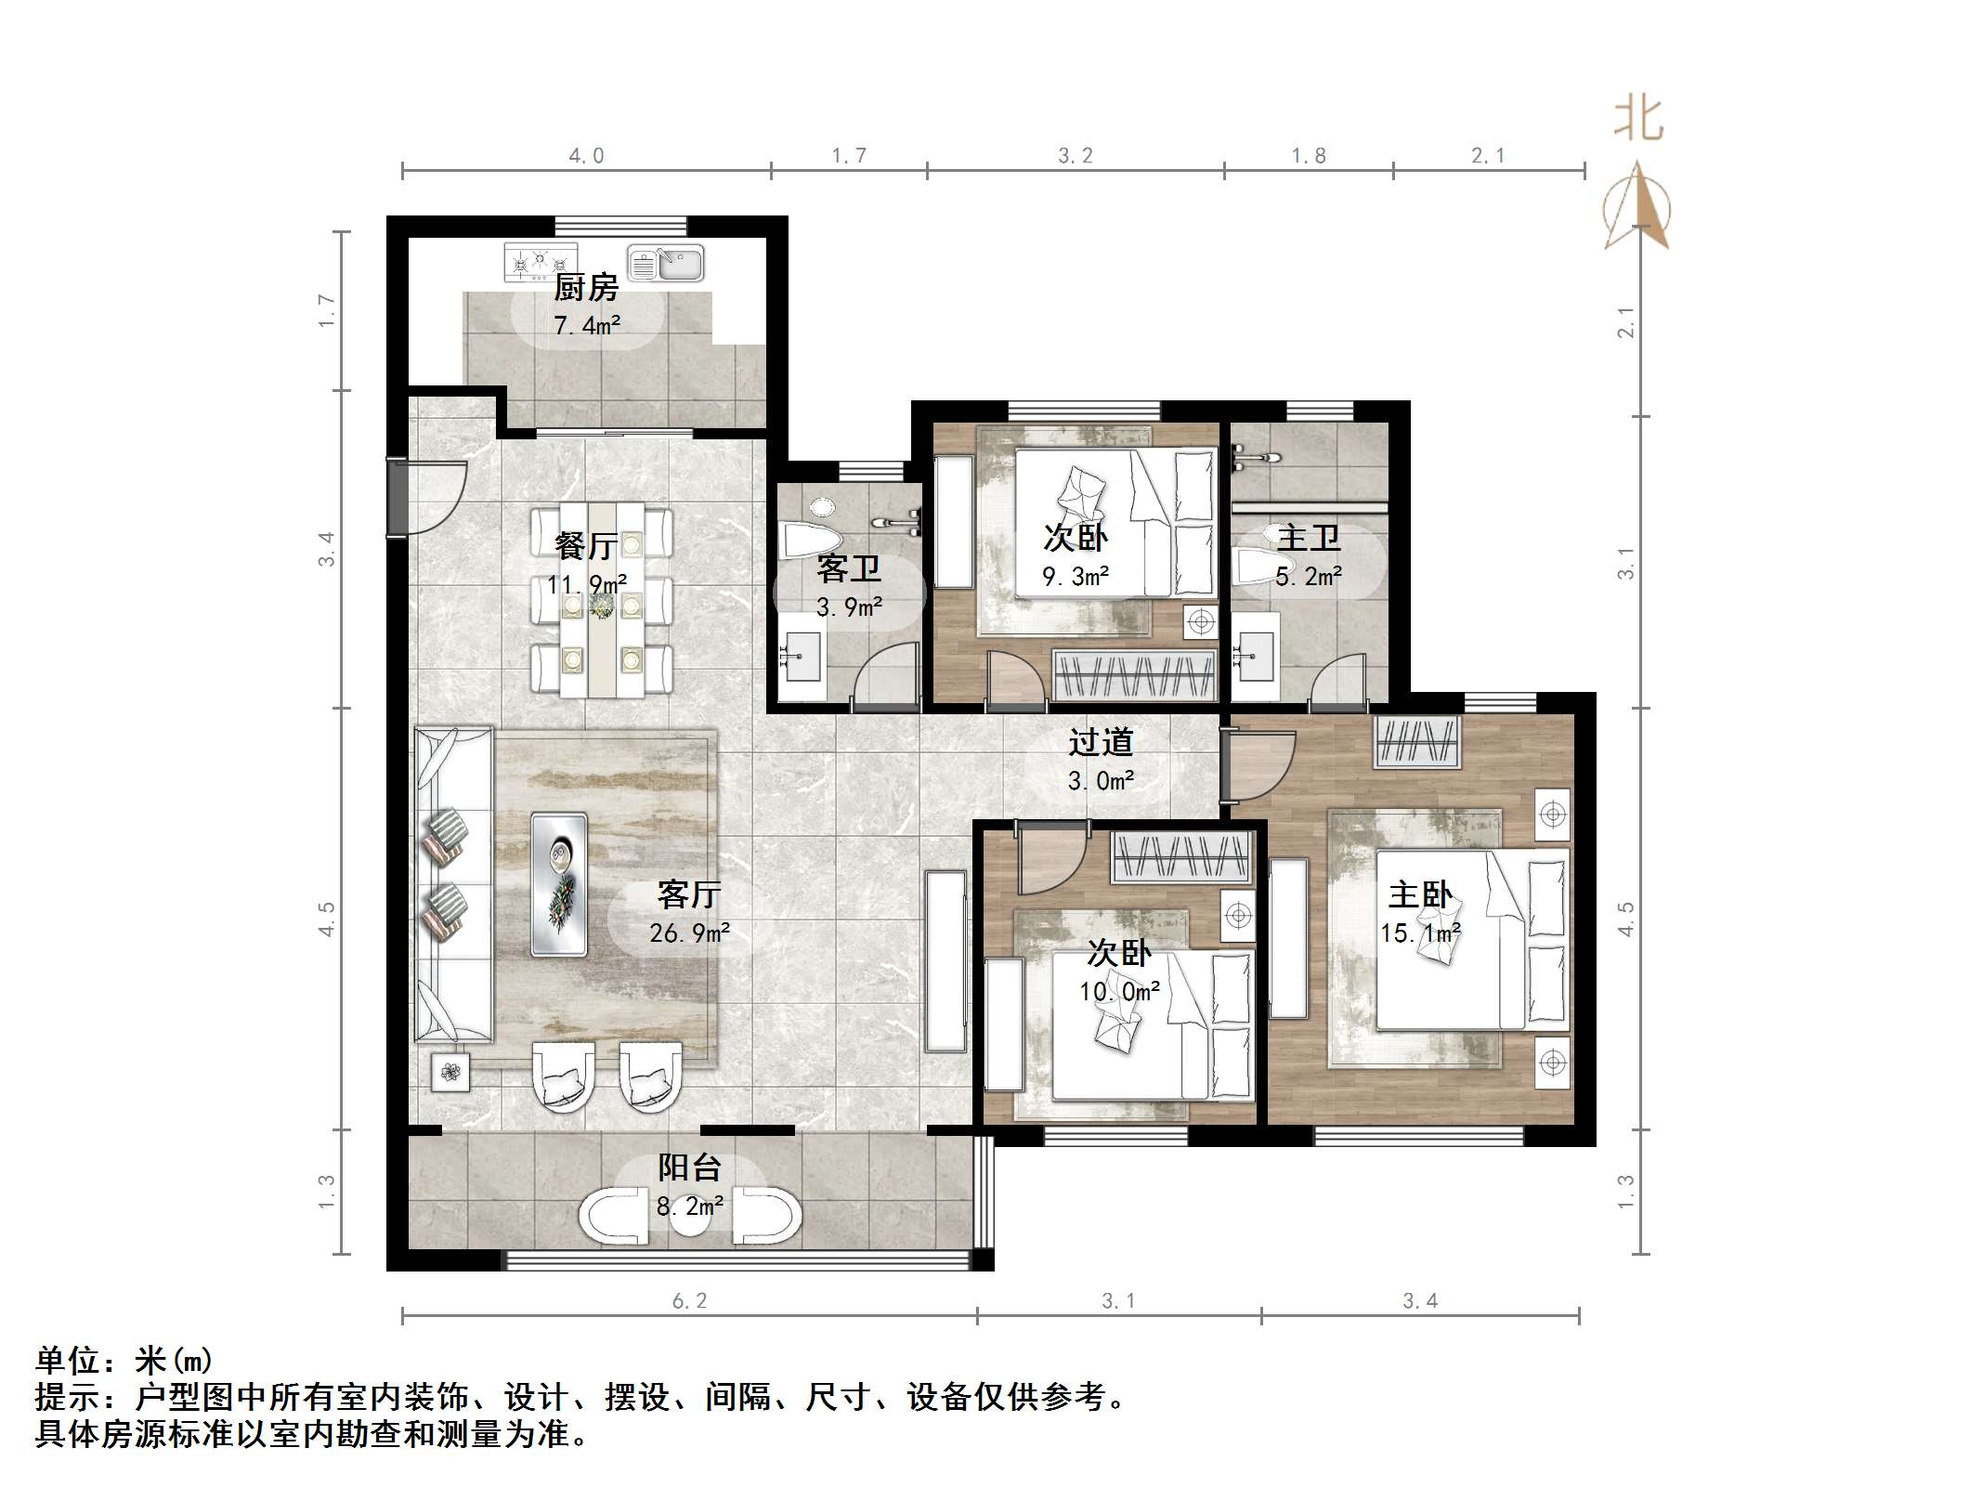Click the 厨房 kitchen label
click(x=586, y=288)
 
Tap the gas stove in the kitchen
click(x=541, y=262)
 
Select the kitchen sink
click(x=666, y=263)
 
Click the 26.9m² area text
click(x=689, y=933)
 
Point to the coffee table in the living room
click(x=558, y=883)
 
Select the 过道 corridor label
click(x=1101, y=742)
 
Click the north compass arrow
click(x=1637, y=206)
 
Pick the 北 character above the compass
click(x=1638, y=122)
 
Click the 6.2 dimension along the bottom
click(x=689, y=1301)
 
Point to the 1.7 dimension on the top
click(x=849, y=156)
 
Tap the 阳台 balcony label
click(x=690, y=1167)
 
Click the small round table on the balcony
click(x=689, y=1220)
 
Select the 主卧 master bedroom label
click(x=1420, y=894)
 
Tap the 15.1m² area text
click(x=1420, y=933)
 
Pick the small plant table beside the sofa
click(x=450, y=1073)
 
